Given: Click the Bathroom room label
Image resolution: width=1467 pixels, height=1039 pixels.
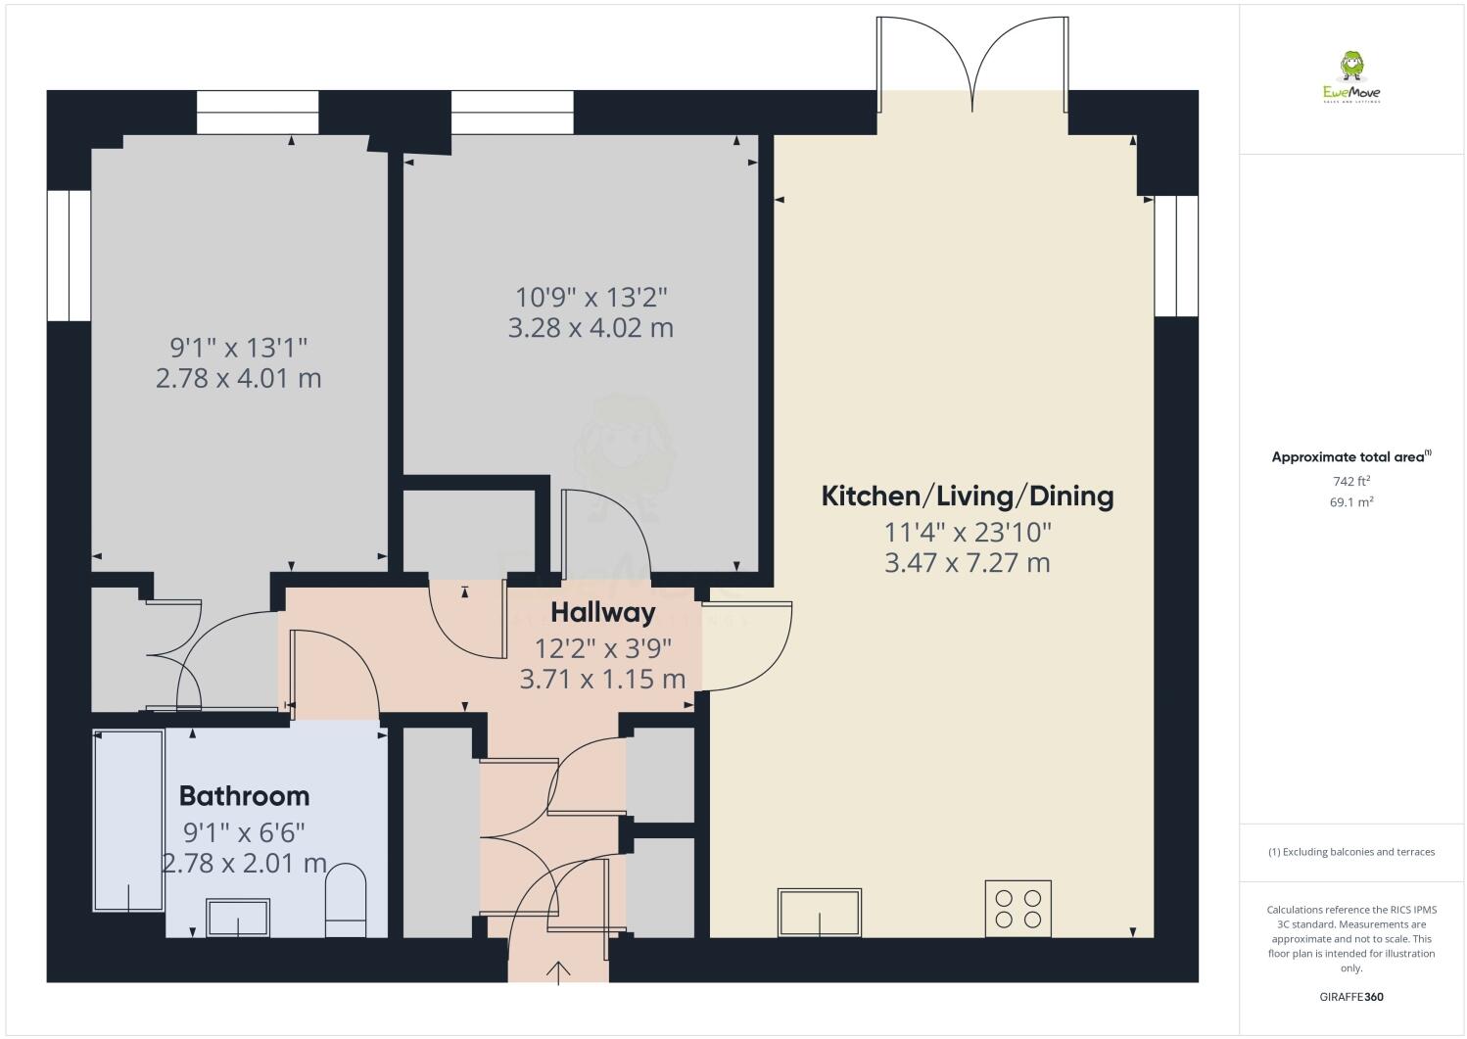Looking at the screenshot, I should tap(244, 795).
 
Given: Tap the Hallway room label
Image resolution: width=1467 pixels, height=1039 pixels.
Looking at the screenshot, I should tap(602, 613).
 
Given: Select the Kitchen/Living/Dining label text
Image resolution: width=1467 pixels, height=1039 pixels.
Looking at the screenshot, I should tap(967, 496).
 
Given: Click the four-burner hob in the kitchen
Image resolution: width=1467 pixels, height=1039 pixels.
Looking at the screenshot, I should tap(1017, 907).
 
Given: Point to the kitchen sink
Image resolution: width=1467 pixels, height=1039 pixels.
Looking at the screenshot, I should tap(820, 912).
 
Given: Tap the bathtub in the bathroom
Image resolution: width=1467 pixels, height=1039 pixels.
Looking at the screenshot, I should tap(128, 821).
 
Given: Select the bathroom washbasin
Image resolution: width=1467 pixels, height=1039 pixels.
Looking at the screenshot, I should tap(237, 919).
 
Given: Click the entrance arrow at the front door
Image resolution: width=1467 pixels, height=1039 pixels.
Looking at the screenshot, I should tap(558, 971).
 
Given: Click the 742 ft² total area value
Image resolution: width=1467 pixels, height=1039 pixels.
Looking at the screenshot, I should tap(1350, 481).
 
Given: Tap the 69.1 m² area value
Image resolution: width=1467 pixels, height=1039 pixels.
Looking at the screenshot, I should tap(1350, 502).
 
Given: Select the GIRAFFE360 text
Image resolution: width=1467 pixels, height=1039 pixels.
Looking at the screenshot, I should tap(1350, 997).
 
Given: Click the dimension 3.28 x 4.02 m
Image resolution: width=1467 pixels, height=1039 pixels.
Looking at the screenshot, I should tap(591, 328).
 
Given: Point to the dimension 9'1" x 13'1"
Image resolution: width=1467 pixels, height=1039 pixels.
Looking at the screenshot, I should tap(239, 347).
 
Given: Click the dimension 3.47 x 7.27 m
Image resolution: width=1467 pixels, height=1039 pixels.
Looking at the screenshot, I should tap(967, 563).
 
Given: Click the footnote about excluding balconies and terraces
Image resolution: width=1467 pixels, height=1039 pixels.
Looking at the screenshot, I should tap(1350, 852).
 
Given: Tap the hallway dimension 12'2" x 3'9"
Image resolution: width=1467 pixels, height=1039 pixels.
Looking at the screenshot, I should tap(602, 647).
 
